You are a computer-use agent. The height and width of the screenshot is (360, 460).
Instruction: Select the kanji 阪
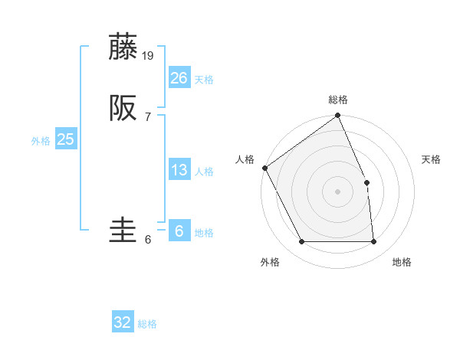124,107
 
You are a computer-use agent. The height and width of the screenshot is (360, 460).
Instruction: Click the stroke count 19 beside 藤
149,55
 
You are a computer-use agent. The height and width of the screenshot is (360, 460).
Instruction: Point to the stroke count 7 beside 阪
147,116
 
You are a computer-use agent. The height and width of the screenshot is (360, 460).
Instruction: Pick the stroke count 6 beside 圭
147,240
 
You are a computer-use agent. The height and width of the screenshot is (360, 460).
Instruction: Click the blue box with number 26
179,78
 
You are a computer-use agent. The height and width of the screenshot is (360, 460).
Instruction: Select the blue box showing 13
179,170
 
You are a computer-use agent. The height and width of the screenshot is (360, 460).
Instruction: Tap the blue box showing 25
65,139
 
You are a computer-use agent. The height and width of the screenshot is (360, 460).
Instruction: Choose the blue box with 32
123,322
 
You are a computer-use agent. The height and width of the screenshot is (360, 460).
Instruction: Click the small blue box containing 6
179,231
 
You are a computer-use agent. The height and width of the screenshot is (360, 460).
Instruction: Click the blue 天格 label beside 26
204,80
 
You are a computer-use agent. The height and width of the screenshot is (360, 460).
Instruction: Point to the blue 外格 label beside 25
41,141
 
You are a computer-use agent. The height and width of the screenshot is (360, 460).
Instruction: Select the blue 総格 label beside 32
147,324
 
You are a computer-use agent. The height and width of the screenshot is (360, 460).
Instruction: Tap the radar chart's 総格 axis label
338,100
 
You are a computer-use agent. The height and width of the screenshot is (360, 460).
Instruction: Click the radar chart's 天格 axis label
432,159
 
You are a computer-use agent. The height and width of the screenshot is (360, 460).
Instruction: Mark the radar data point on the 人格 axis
264,168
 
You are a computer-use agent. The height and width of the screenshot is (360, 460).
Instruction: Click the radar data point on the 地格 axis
373,242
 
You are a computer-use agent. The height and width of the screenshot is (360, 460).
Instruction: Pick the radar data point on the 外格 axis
301,242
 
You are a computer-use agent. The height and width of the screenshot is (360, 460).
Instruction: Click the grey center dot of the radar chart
337,191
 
